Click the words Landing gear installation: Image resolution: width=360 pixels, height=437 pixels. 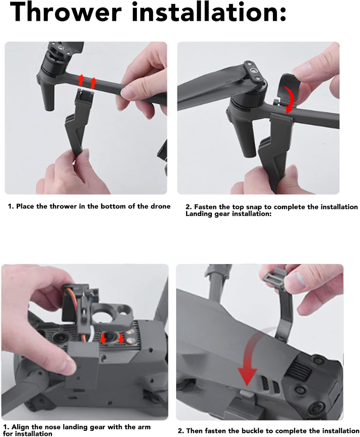click(x=228, y=214)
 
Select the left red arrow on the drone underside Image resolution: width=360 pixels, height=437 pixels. click(x=103, y=339)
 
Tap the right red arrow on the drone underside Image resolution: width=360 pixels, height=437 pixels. click(x=121, y=339)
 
